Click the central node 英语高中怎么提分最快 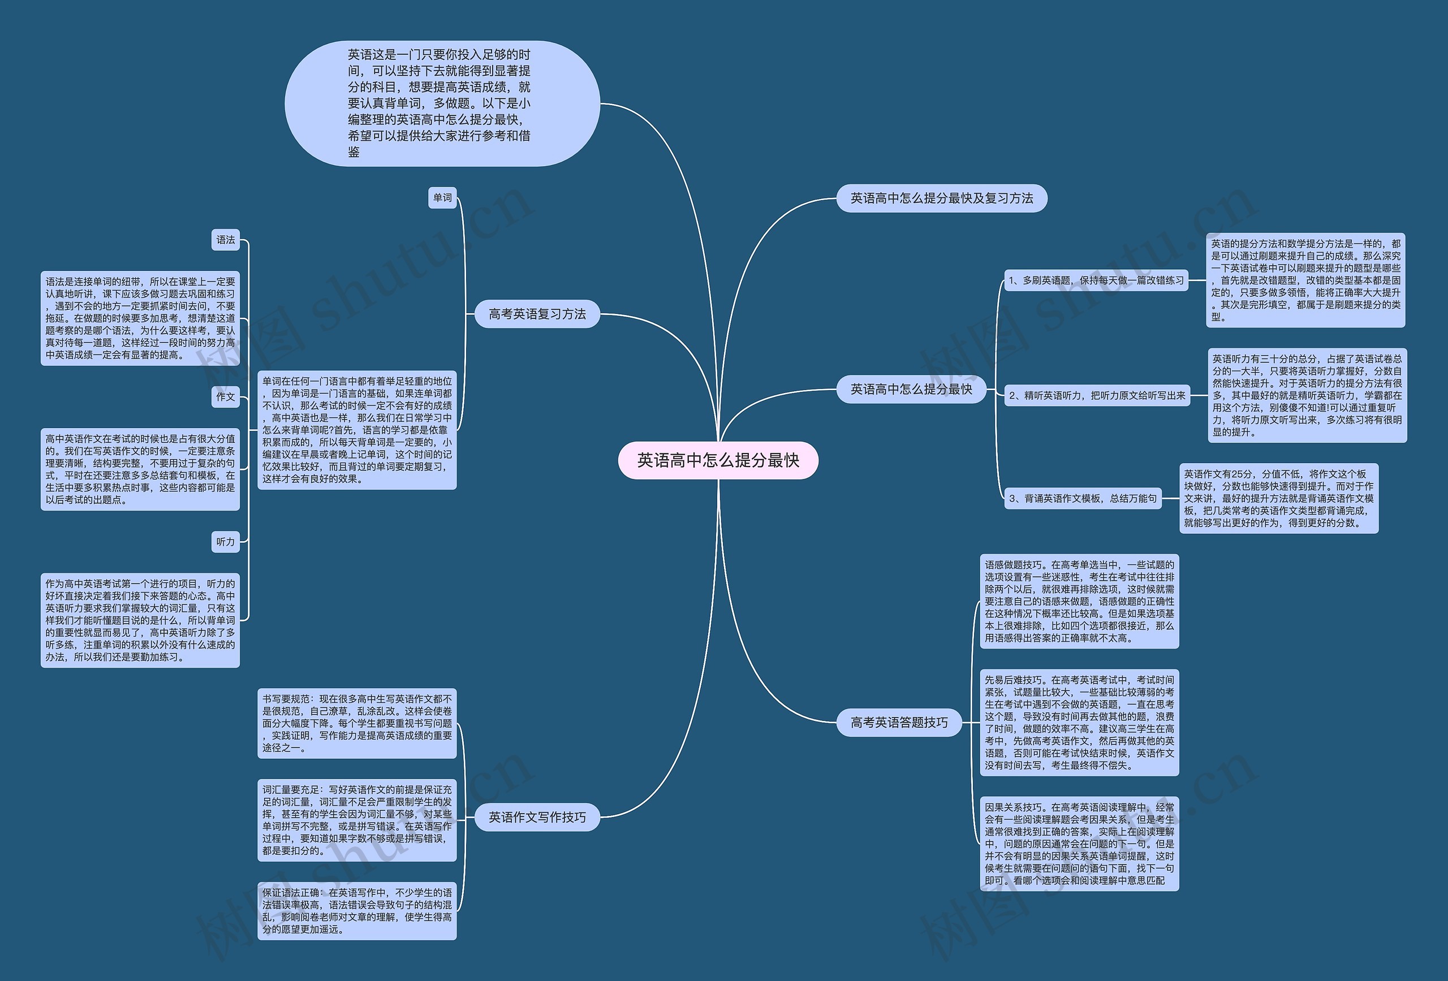tap(718, 460)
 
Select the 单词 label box tap(442, 198)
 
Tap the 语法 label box tap(226, 240)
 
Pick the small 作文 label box tap(226, 397)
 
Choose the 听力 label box tap(226, 542)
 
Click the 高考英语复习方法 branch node tap(537, 314)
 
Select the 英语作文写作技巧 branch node tap(537, 817)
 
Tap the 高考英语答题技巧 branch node tap(899, 723)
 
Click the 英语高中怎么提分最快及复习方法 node tap(941, 198)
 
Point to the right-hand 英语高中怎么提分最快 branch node tap(911, 389)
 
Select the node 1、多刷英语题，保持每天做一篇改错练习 tap(1096, 280)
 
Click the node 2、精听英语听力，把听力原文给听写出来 tap(1097, 396)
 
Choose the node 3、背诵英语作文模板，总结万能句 tap(1082, 498)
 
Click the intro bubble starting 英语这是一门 tap(442, 103)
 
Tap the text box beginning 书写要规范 tap(357, 723)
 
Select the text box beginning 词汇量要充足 tap(357, 820)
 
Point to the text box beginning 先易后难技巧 tap(1079, 723)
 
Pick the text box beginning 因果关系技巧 tap(1079, 844)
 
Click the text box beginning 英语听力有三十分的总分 tap(1307, 396)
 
